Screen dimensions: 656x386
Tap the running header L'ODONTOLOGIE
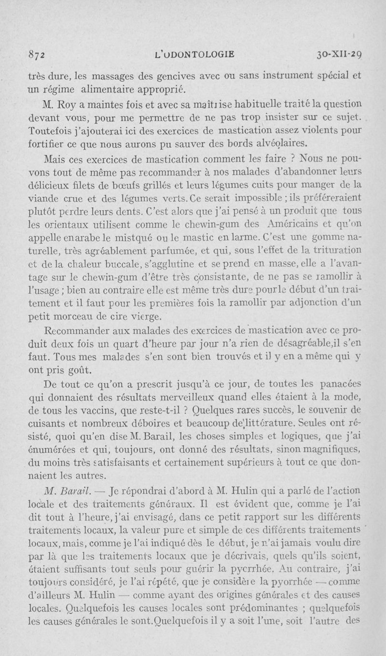click(x=194, y=54)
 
